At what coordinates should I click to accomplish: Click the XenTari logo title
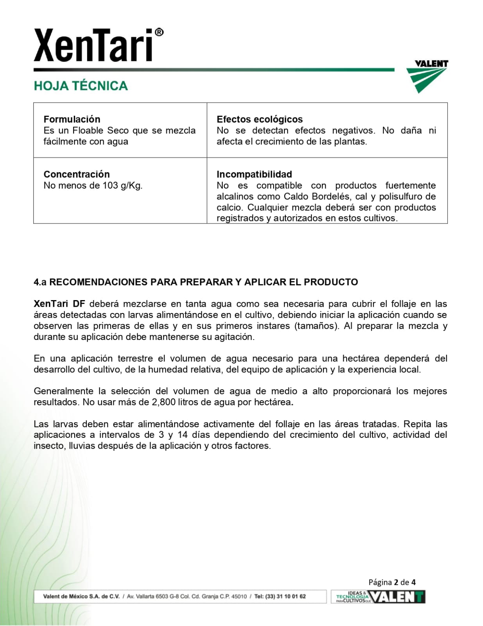pyautogui.click(x=93, y=46)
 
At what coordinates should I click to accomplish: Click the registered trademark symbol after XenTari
pyautogui.click(x=159, y=32)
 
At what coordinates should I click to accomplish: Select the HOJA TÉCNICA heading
pyautogui.click(x=80, y=86)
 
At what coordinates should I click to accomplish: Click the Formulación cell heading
pyautogui.click(x=72, y=119)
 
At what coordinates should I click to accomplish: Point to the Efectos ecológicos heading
pyautogui.click(x=259, y=119)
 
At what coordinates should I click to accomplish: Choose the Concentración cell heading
pyautogui.click(x=77, y=174)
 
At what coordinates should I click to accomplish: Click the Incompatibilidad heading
pyautogui.click(x=254, y=174)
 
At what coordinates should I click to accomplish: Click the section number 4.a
pyautogui.click(x=40, y=282)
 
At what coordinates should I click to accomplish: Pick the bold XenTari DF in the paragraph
pyautogui.click(x=59, y=304)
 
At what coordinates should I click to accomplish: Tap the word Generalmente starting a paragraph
pyautogui.click(x=63, y=391)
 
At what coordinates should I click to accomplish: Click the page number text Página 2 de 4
pyautogui.click(x=392, y=582)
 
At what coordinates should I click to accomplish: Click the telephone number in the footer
pyautogui.click(x=280, y=597)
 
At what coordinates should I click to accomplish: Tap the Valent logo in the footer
pyautogui.click(x=397, y=597)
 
